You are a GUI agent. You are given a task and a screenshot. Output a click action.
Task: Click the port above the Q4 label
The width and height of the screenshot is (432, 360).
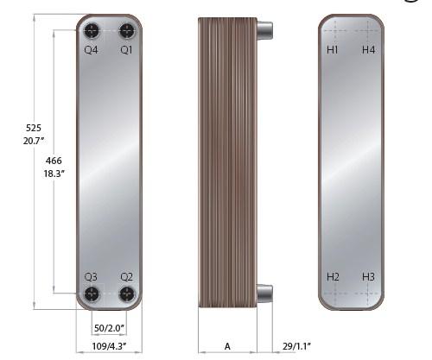[x=92, y=30]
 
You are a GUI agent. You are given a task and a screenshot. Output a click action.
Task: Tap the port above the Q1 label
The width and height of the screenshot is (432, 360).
[x=127, y=30]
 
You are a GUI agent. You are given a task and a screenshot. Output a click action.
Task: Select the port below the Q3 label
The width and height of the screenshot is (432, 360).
[x=92, y=294]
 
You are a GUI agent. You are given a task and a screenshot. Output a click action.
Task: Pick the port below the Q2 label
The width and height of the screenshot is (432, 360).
[x=127, y=294]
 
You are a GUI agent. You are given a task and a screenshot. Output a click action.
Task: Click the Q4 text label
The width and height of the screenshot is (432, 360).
[x=91, y=50]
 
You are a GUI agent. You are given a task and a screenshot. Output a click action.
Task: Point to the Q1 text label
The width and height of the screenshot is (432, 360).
[x=126, y=50]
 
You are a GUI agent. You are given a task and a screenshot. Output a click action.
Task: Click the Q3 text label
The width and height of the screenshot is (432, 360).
[x=91, y=277]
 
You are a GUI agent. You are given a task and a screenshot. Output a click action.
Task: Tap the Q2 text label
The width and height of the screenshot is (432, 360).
[x=127, y=277]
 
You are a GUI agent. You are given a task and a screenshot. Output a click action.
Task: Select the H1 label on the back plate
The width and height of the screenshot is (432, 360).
[x=333, y=50]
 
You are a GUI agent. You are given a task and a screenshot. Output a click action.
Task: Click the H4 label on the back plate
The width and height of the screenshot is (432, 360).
[x=368, y=50]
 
